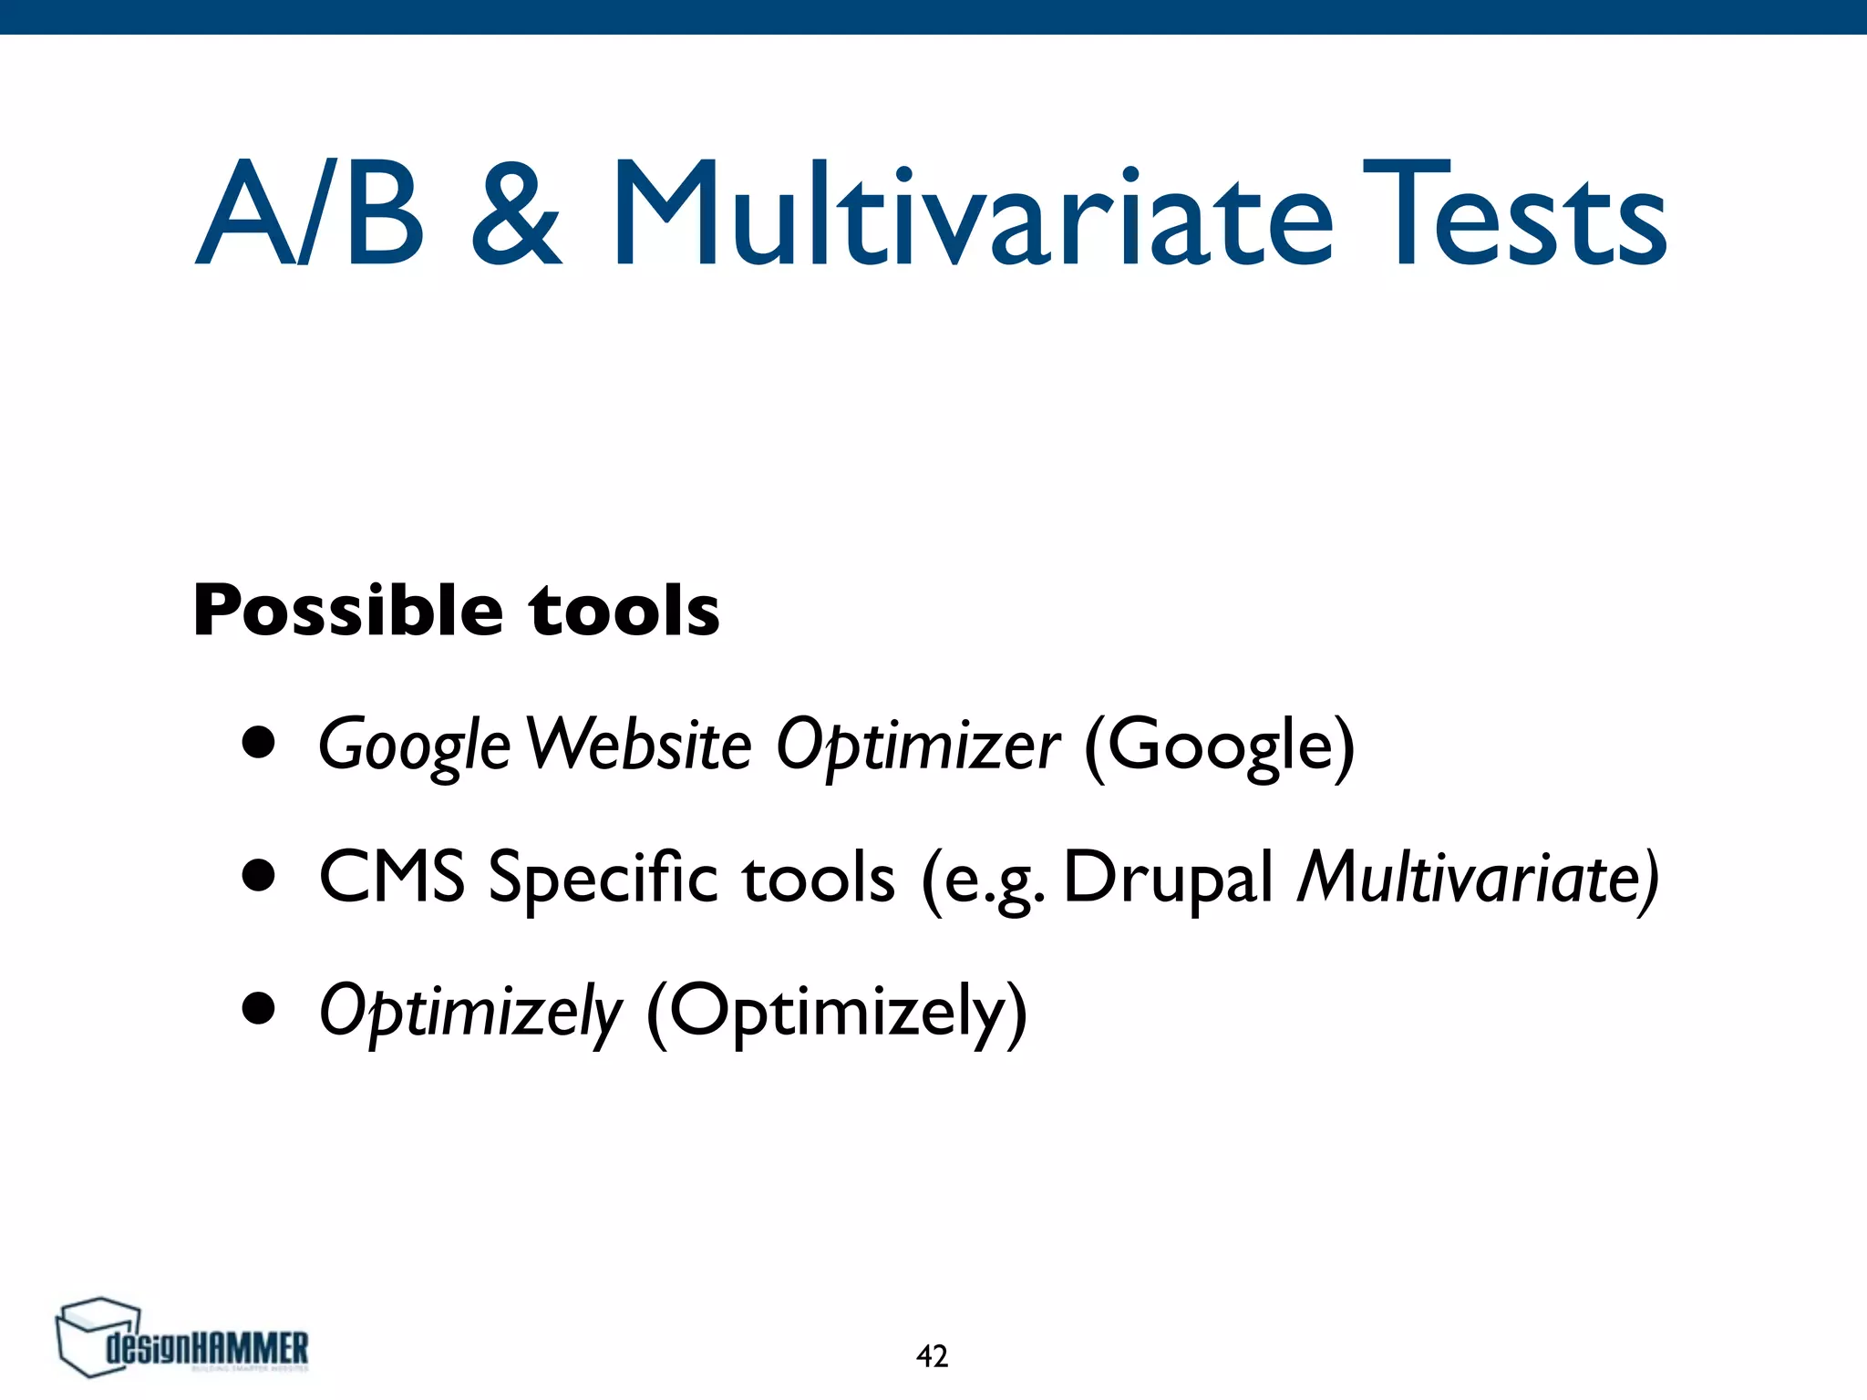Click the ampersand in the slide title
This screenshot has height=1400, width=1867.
click(516, 214)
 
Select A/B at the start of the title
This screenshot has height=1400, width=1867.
click(310, 214)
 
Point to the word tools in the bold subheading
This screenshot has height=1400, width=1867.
click(624, 610)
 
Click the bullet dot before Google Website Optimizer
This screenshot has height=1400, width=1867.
click(259, 743)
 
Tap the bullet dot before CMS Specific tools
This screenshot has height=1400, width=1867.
click(259, 876)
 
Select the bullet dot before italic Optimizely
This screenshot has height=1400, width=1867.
click(259, 1009)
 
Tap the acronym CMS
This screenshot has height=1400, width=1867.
click(391, 876)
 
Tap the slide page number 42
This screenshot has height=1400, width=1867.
click(932, 1356)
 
